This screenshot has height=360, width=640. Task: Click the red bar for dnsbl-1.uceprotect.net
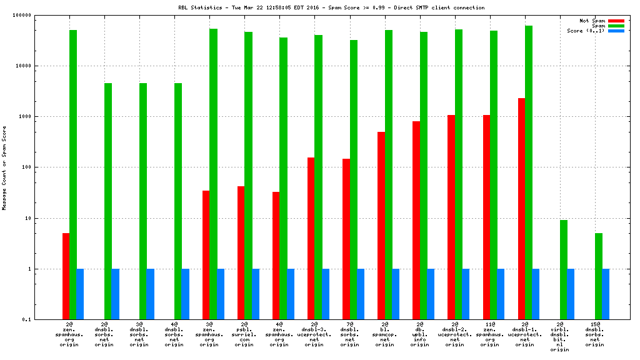[x=521, y=209]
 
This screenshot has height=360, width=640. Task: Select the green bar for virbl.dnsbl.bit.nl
[x=564, y=269]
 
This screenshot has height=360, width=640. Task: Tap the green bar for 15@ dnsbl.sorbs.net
[x=599, y=276]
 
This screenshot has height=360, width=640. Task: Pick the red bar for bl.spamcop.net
[x=381, y=226]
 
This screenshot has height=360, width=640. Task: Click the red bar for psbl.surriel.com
[x=241, y=252]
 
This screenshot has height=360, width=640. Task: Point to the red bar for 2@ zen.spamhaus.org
[x=66, y=276]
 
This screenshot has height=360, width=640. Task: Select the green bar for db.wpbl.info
[x=424, y=176]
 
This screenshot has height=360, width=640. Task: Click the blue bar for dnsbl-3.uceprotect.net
[x=326, y=294]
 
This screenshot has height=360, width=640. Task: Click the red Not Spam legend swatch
[x=616, y=21]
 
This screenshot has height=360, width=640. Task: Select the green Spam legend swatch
[x=616, y=26]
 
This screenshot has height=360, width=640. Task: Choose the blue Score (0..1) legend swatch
[x=616, y=31]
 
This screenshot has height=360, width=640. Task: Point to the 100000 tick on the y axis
[x=39, y=15]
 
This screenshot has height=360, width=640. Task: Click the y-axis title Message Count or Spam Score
[x=4, y=167]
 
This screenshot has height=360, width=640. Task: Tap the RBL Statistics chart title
[x=331, y=7]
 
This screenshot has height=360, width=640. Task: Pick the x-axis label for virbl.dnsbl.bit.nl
[x=560, y=337]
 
